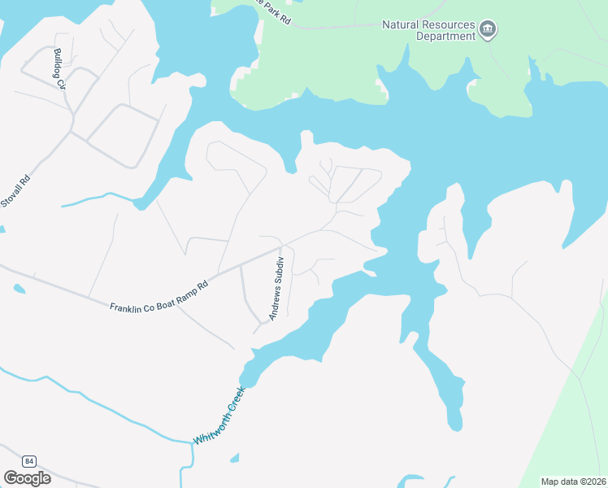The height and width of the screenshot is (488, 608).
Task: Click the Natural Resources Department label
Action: [x=428, y=30]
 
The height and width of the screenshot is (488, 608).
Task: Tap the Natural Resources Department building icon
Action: [x=488, y=31]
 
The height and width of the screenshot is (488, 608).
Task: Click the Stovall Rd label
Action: [x=16, y=190]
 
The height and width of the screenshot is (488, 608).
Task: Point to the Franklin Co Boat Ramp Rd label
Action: [x=159, y=295]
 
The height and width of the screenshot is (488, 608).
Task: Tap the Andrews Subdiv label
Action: [x=276, y=288]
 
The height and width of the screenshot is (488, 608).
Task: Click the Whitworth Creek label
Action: [x=219, y=416]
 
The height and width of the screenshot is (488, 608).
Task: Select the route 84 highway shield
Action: [x=29, y=460]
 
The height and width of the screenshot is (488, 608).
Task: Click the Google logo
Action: [x=27, y=478]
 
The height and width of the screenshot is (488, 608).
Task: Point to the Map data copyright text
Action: [x=573, y=481]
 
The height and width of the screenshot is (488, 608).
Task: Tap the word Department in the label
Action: [x=445, y=36]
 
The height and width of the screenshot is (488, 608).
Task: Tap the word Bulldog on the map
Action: [x=58, y=62]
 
